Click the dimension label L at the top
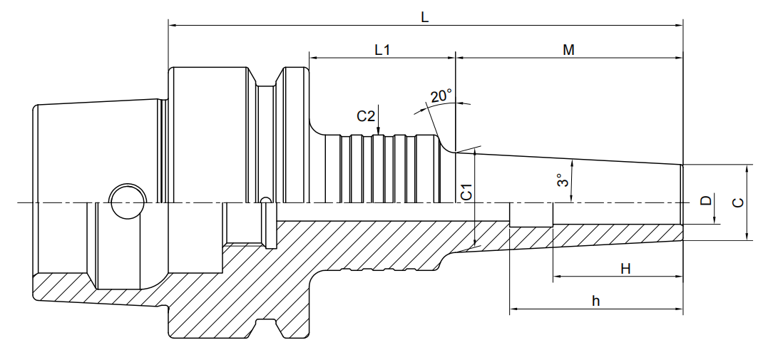click(x=424, y=17)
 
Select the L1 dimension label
click(x=382, y=50)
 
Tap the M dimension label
click(x=568, y=50)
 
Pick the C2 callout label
click(x=366, y=116)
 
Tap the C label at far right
click(x=739, y=202)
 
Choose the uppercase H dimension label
click(x=625, y=268)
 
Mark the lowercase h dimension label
click(x=595, y=301)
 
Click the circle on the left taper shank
click(x=126, y=201)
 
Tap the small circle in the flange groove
click(x=265, y=200)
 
